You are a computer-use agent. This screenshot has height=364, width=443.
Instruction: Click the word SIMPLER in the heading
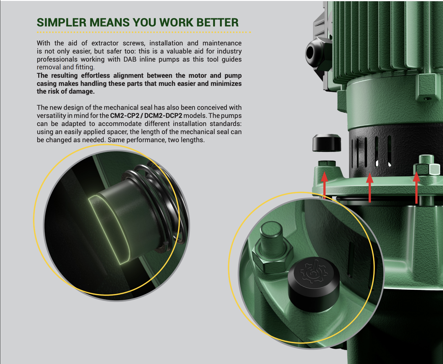(62, 22)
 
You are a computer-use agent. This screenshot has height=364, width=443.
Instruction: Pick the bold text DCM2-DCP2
(163, 116)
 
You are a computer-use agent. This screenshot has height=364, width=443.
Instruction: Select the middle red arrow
(370, 188)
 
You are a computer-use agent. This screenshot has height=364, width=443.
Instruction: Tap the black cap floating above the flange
(327, 143)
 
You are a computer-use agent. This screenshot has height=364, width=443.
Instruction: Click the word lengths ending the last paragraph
(192, 140)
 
